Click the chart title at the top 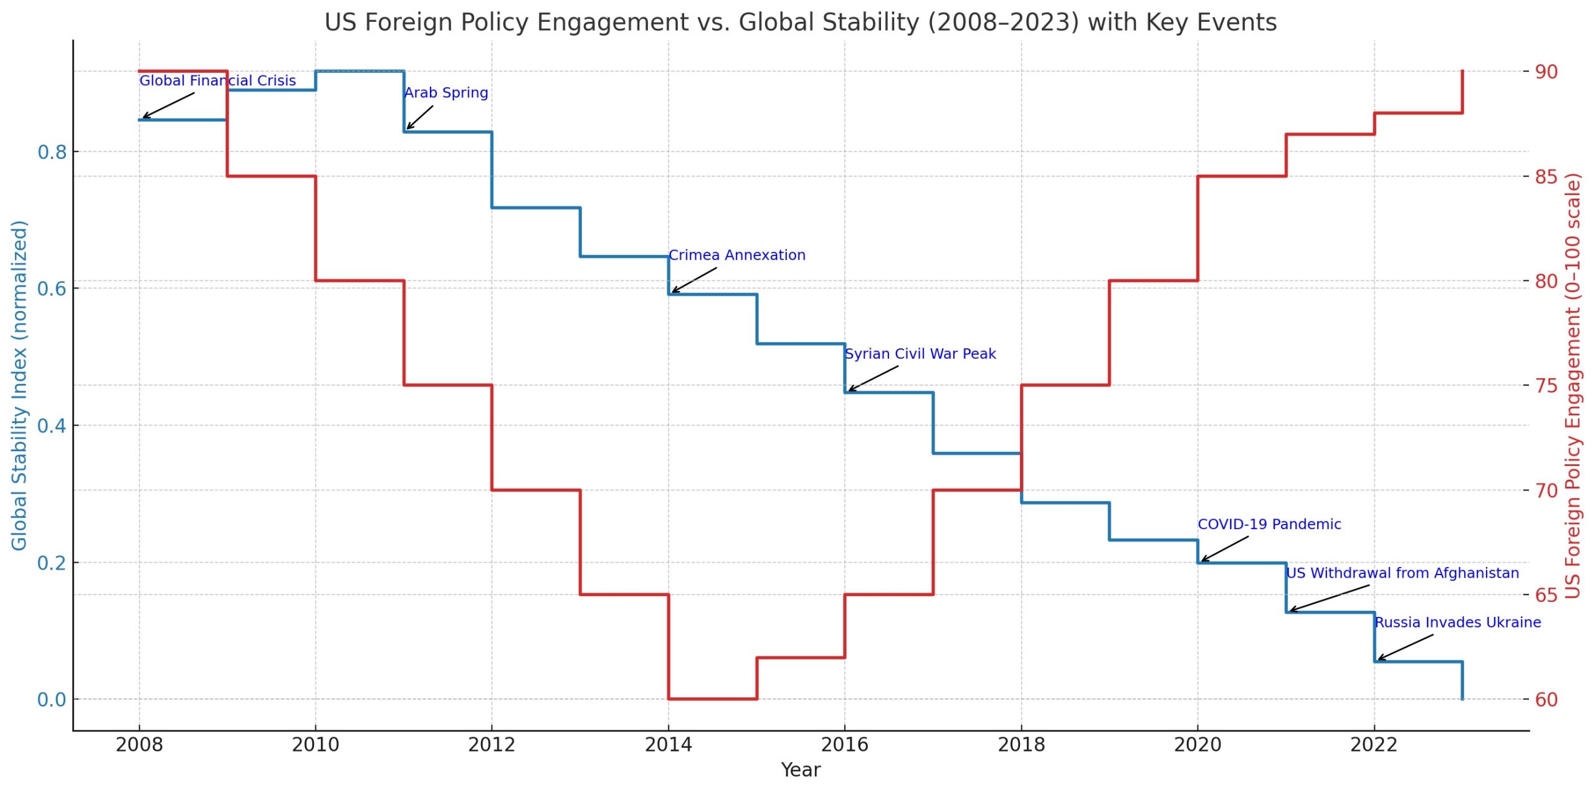click(801, 22)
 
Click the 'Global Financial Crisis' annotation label click(217, 80)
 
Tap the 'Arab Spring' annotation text click(446, 93)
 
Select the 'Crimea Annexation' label click(737, 255)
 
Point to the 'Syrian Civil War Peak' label click(920, 354)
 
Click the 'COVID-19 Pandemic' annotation click(1269, 525)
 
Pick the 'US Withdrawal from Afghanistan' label click(1402, 573)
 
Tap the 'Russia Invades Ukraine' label click(1458, 623)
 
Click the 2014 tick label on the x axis click(669, 745)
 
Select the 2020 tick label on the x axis click(1197, 745)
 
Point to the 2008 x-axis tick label click(139, 745)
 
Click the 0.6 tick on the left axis click(52, 289)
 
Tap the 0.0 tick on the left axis click(52, 700)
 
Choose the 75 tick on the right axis click(1546, 386)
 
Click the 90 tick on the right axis click(1546, 72)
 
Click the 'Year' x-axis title click(801, 770)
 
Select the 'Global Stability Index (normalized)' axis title click(19, 385)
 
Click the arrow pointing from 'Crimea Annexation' click(694, 280)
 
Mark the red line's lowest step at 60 click(713, 699)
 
